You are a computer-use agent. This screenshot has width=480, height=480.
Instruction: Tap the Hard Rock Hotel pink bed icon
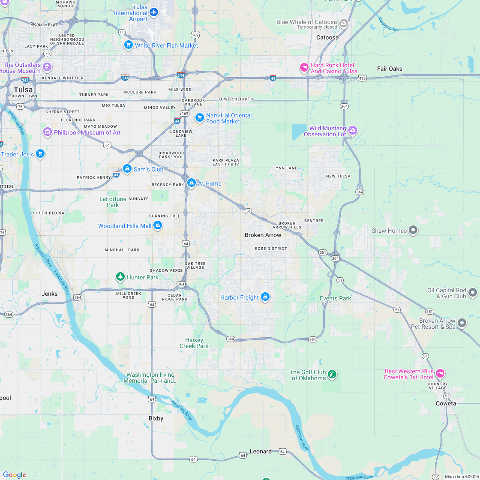(x=304, y=67)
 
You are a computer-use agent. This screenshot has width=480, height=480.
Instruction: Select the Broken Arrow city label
(x=263, y=235)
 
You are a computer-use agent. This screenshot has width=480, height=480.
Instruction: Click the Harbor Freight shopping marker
(x=265, y=297)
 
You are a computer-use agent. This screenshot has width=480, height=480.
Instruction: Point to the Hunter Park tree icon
(x=120, y=277)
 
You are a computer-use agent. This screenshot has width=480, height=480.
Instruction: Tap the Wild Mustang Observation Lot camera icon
(x=352, y=130)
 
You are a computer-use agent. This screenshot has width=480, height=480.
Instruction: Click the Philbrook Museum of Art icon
(x=48, y=132)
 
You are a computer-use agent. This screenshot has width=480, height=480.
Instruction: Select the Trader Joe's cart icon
(x=40, y=153)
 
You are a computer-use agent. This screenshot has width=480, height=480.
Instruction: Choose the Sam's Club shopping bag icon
(x=127, y=169)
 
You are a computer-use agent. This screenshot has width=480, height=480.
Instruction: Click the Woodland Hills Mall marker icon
(x=158, y=225)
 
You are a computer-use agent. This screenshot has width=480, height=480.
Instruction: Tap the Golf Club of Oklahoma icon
(x=332, y=375)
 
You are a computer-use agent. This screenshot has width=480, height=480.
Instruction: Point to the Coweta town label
(x=446, y=403)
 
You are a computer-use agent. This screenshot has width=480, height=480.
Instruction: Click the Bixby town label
(x=156, y=418)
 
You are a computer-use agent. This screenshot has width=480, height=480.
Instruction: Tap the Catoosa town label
(x=327, y=37)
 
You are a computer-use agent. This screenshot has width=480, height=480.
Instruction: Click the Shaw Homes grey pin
(x=413, y=230)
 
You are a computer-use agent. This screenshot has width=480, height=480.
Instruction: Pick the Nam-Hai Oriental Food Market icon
(x=199, y=117)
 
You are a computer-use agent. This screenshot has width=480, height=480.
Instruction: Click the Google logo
(x=14, y=474)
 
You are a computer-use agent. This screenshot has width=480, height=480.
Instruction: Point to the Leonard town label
(x=261, y=451)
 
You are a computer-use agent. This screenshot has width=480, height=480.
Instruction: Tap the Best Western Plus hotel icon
(x=440, y=374)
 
